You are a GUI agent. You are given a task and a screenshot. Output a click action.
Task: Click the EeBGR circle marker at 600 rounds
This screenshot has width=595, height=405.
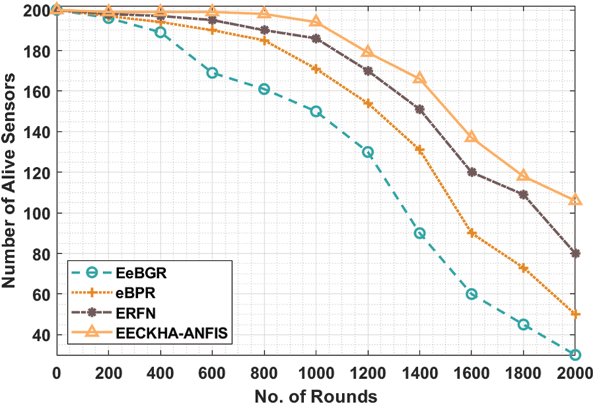tap(212, 73)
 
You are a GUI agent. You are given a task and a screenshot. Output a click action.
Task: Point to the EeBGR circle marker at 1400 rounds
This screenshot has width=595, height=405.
tap(420, 233)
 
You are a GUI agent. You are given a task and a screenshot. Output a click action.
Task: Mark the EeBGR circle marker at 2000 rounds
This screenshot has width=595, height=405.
tap(575, 355)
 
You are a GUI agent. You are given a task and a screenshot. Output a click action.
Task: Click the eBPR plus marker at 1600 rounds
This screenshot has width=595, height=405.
tap(471, 233)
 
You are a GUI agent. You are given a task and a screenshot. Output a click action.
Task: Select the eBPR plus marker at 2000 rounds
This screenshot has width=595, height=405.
tap(575, 314)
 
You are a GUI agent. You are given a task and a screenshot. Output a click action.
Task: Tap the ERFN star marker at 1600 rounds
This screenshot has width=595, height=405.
tap(471, 172)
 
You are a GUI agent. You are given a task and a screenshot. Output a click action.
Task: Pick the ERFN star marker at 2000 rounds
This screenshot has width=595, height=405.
tap(575, 253)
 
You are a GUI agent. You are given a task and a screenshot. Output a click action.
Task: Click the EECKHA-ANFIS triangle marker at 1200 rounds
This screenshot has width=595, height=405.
tap(367, 52)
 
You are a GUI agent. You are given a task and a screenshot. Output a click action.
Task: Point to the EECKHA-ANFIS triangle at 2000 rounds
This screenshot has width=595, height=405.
tap(575, 200)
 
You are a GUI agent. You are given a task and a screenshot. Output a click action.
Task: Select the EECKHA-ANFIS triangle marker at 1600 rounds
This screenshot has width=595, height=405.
tap(471, 137)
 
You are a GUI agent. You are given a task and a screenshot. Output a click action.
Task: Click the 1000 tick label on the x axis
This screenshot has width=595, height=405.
tap(316, 372)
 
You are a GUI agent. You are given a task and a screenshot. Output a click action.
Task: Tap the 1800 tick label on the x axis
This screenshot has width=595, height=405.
tap(523, 372)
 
